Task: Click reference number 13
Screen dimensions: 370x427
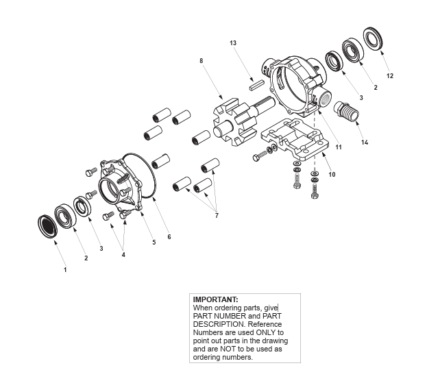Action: tap(233, 43)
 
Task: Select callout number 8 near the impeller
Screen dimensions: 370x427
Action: tap(201, 61)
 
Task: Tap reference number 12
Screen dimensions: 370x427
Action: tap(390, 76)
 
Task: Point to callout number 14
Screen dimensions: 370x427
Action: tap(365, 143)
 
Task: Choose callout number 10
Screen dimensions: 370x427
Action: tap(332, 174)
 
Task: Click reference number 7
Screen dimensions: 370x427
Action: tap(217, 216)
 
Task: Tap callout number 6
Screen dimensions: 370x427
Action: tap(169, 237)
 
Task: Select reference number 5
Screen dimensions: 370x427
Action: tap(154, 242)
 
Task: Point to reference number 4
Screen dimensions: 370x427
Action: tap(123, 255)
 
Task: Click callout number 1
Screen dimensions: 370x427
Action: tap(66, 270)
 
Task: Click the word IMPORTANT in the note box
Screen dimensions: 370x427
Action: tap(215, 299)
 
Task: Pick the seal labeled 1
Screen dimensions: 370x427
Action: tap(47, 226)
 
